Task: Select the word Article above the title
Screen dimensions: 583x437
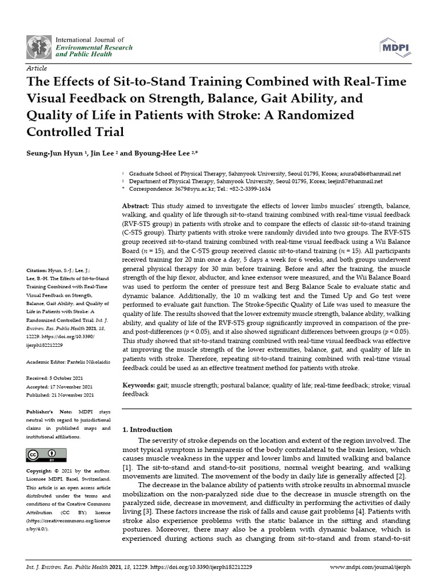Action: click(37, 68)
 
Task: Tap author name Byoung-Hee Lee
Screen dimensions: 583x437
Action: click(168, 153)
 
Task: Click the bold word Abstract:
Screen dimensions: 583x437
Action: click(137, 205)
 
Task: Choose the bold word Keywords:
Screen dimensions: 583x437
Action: click(139, 385)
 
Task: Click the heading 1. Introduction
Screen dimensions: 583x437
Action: click(148, 429)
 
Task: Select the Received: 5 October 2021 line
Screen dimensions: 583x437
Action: click(59, 378)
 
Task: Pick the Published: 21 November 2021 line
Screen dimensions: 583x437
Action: click(61, 395)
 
